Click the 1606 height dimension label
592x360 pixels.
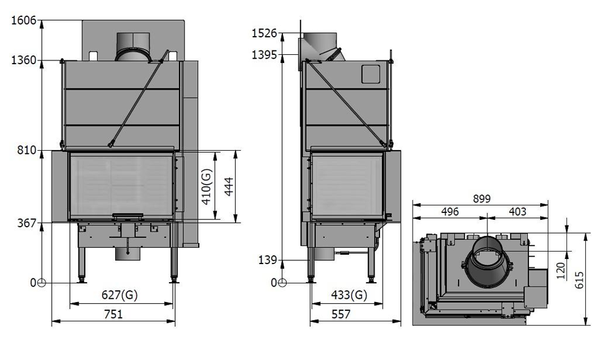tap(24, 21)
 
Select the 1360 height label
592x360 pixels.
tap(24, 60)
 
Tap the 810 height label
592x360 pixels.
tap(26, 150)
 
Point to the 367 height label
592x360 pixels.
tap(26, 223)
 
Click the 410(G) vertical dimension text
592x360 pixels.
tap(206, 186)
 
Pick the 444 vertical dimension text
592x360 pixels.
tap(229, 187)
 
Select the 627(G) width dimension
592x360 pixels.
tap(120, 295)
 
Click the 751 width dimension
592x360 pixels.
tap(113, 314)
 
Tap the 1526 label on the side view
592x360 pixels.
tap(264, 33)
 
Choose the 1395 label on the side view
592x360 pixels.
tap(264, 55)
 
